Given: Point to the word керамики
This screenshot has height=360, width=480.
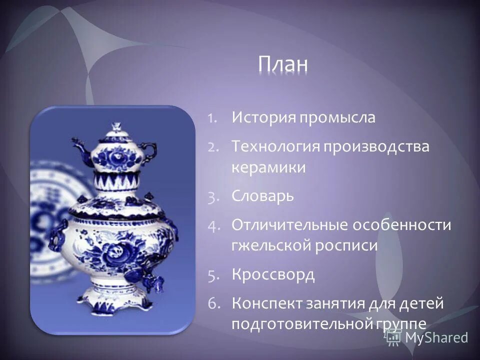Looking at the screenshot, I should click(268, 167).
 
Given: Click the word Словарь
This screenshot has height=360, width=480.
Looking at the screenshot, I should click(262, 196).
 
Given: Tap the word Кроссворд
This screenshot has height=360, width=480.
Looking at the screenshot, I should click(273, 274).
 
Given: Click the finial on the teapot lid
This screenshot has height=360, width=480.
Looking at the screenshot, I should click(116, 125).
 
